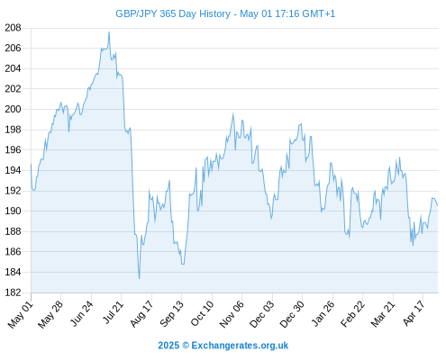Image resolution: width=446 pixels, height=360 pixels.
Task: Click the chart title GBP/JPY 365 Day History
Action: click(x=173, y=13)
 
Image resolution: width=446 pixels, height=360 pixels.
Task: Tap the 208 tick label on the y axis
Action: click(x=13, y=28)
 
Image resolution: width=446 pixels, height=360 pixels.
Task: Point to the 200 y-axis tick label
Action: click(x=13, y=109)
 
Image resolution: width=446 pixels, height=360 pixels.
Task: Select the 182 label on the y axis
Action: click(x=13, y=292)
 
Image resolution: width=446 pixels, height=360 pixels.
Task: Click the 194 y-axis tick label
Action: click(x=13, y=170)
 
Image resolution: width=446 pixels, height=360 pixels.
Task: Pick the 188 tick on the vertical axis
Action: click(x=13, y=231)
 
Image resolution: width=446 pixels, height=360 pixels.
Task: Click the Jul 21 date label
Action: click(x=114, y=312)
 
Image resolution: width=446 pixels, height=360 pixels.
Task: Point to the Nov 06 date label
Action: click(x=232, y=314)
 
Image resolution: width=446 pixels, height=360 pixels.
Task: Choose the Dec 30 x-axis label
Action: click(x=292, y=314)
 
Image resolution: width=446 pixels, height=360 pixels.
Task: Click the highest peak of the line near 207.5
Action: click(x=109, y=32)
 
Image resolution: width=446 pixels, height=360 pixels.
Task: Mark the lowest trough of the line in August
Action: click(x=139, y=279)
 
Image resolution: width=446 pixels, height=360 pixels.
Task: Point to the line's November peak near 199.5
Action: click(x=232, y=114)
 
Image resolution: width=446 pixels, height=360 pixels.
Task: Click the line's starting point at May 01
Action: click(x=31, y=164)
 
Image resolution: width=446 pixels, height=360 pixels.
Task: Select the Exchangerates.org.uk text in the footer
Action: click(x=240, y=346)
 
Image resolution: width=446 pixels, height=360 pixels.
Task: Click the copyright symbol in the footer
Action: click(x=186, y=346)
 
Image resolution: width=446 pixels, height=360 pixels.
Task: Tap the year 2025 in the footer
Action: click(x=168, y=346)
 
